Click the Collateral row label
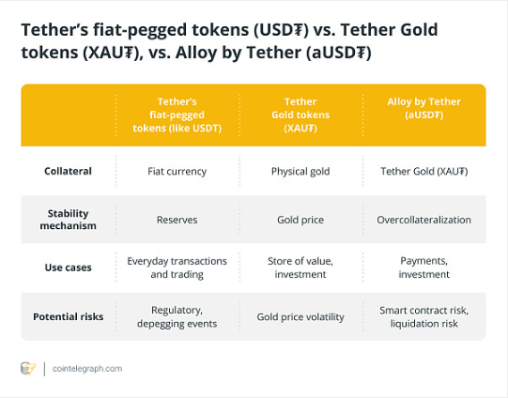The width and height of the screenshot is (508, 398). point(68,171)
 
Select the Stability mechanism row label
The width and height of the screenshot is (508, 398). point(68,220)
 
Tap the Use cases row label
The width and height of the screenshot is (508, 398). point(68,268)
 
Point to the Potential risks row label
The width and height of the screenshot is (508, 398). point(68,316)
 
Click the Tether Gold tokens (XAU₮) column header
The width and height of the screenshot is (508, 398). point(300,115)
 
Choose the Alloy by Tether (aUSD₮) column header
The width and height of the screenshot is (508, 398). point(423,108)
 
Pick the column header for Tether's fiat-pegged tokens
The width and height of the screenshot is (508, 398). point(177,115)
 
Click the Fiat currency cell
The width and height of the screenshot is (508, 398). point(177,171)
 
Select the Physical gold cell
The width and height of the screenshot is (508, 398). point(300,171)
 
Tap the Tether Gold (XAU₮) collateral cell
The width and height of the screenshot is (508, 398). point(423,171)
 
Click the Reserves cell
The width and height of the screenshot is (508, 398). point(177,220)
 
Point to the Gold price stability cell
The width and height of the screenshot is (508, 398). point(300,220)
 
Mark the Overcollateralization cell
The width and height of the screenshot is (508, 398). point(423,220)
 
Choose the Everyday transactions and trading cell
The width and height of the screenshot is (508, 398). point(177,268)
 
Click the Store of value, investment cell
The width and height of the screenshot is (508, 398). point(300,268)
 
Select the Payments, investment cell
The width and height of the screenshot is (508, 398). point(423,268)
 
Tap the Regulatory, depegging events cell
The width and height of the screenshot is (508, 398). point(177,316)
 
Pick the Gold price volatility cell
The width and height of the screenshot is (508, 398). point(300,316)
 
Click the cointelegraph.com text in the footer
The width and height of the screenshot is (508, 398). point(87,369)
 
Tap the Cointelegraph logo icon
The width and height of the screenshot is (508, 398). point(28,369)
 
